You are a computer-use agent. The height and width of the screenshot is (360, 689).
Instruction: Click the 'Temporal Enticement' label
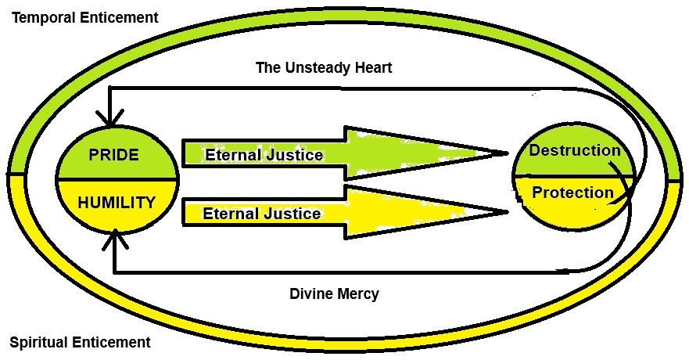coord(84,17)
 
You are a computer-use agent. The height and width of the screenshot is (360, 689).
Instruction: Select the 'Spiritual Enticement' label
coord(80,342)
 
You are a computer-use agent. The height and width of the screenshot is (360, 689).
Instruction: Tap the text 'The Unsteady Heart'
coord(324,68)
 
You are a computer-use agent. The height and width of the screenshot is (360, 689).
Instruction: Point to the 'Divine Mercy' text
coord(334,294)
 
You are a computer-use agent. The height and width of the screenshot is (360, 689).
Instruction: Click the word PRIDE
coord(113,155)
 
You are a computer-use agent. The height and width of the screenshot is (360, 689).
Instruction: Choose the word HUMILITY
coord(117,202)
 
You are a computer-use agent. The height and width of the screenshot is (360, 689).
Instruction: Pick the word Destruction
coord(575,150)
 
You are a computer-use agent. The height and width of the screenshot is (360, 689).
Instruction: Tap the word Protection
coord(572,193)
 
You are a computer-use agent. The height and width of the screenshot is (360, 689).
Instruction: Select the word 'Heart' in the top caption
coord(371,68)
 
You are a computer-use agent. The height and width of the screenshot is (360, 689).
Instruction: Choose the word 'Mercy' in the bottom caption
coord(357,294)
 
